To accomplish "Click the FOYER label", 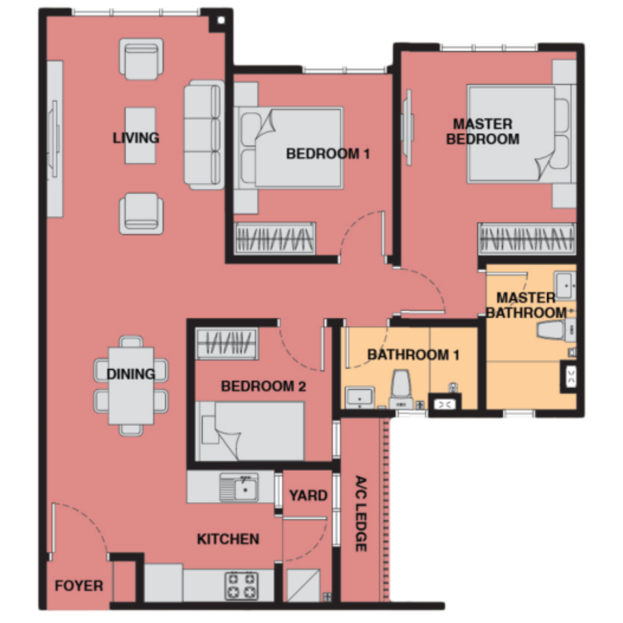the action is (x=79, y=586).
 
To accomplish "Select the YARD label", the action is (x=308, y=495).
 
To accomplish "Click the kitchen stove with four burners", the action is (x=241, y=586).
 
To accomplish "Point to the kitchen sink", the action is (x=239, y=487).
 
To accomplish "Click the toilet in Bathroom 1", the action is (x=401, y=389).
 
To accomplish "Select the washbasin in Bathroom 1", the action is (x=360, y=397).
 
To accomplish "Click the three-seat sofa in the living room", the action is (x=204, y=135).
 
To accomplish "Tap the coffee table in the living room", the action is (x=140, y=136).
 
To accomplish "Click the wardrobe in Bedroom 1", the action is (x=275, y=239).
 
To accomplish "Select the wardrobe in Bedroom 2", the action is (x=227, y=343).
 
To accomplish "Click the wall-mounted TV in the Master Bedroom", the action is (x=407, y=128).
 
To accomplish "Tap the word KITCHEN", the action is (x=228, y=539).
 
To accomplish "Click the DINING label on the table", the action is (x=131, y=374).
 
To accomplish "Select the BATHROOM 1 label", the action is (x=413, y=355).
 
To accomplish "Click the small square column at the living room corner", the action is (x=221, y=20).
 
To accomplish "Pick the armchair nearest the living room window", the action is (x=141, y=59).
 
